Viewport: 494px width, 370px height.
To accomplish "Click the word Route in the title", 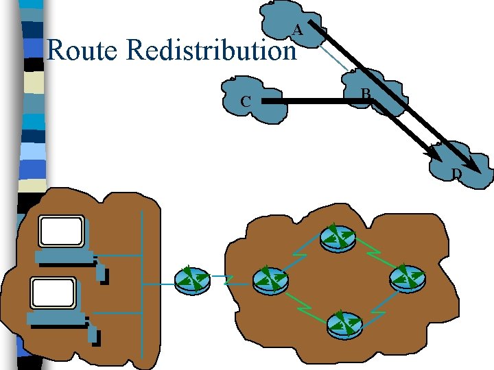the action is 82,49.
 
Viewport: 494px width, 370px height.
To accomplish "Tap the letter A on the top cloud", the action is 297,31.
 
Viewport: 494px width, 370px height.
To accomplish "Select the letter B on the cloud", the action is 366,93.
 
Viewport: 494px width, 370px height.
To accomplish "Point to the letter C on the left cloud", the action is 246,101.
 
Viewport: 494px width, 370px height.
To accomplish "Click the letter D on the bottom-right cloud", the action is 456,173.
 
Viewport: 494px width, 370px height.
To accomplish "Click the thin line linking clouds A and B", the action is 333,58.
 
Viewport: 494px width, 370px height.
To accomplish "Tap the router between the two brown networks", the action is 192,280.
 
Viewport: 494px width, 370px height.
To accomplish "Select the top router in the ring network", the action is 338,238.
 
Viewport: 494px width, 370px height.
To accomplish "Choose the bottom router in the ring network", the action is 344,325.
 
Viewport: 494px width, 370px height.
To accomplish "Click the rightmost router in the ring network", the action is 408,279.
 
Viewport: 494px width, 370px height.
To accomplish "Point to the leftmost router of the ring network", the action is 270,280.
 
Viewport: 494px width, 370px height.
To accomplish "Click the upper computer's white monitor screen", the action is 62,231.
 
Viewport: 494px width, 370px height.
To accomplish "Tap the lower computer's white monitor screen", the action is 54,293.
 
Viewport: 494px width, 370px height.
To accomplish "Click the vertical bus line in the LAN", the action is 142,285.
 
